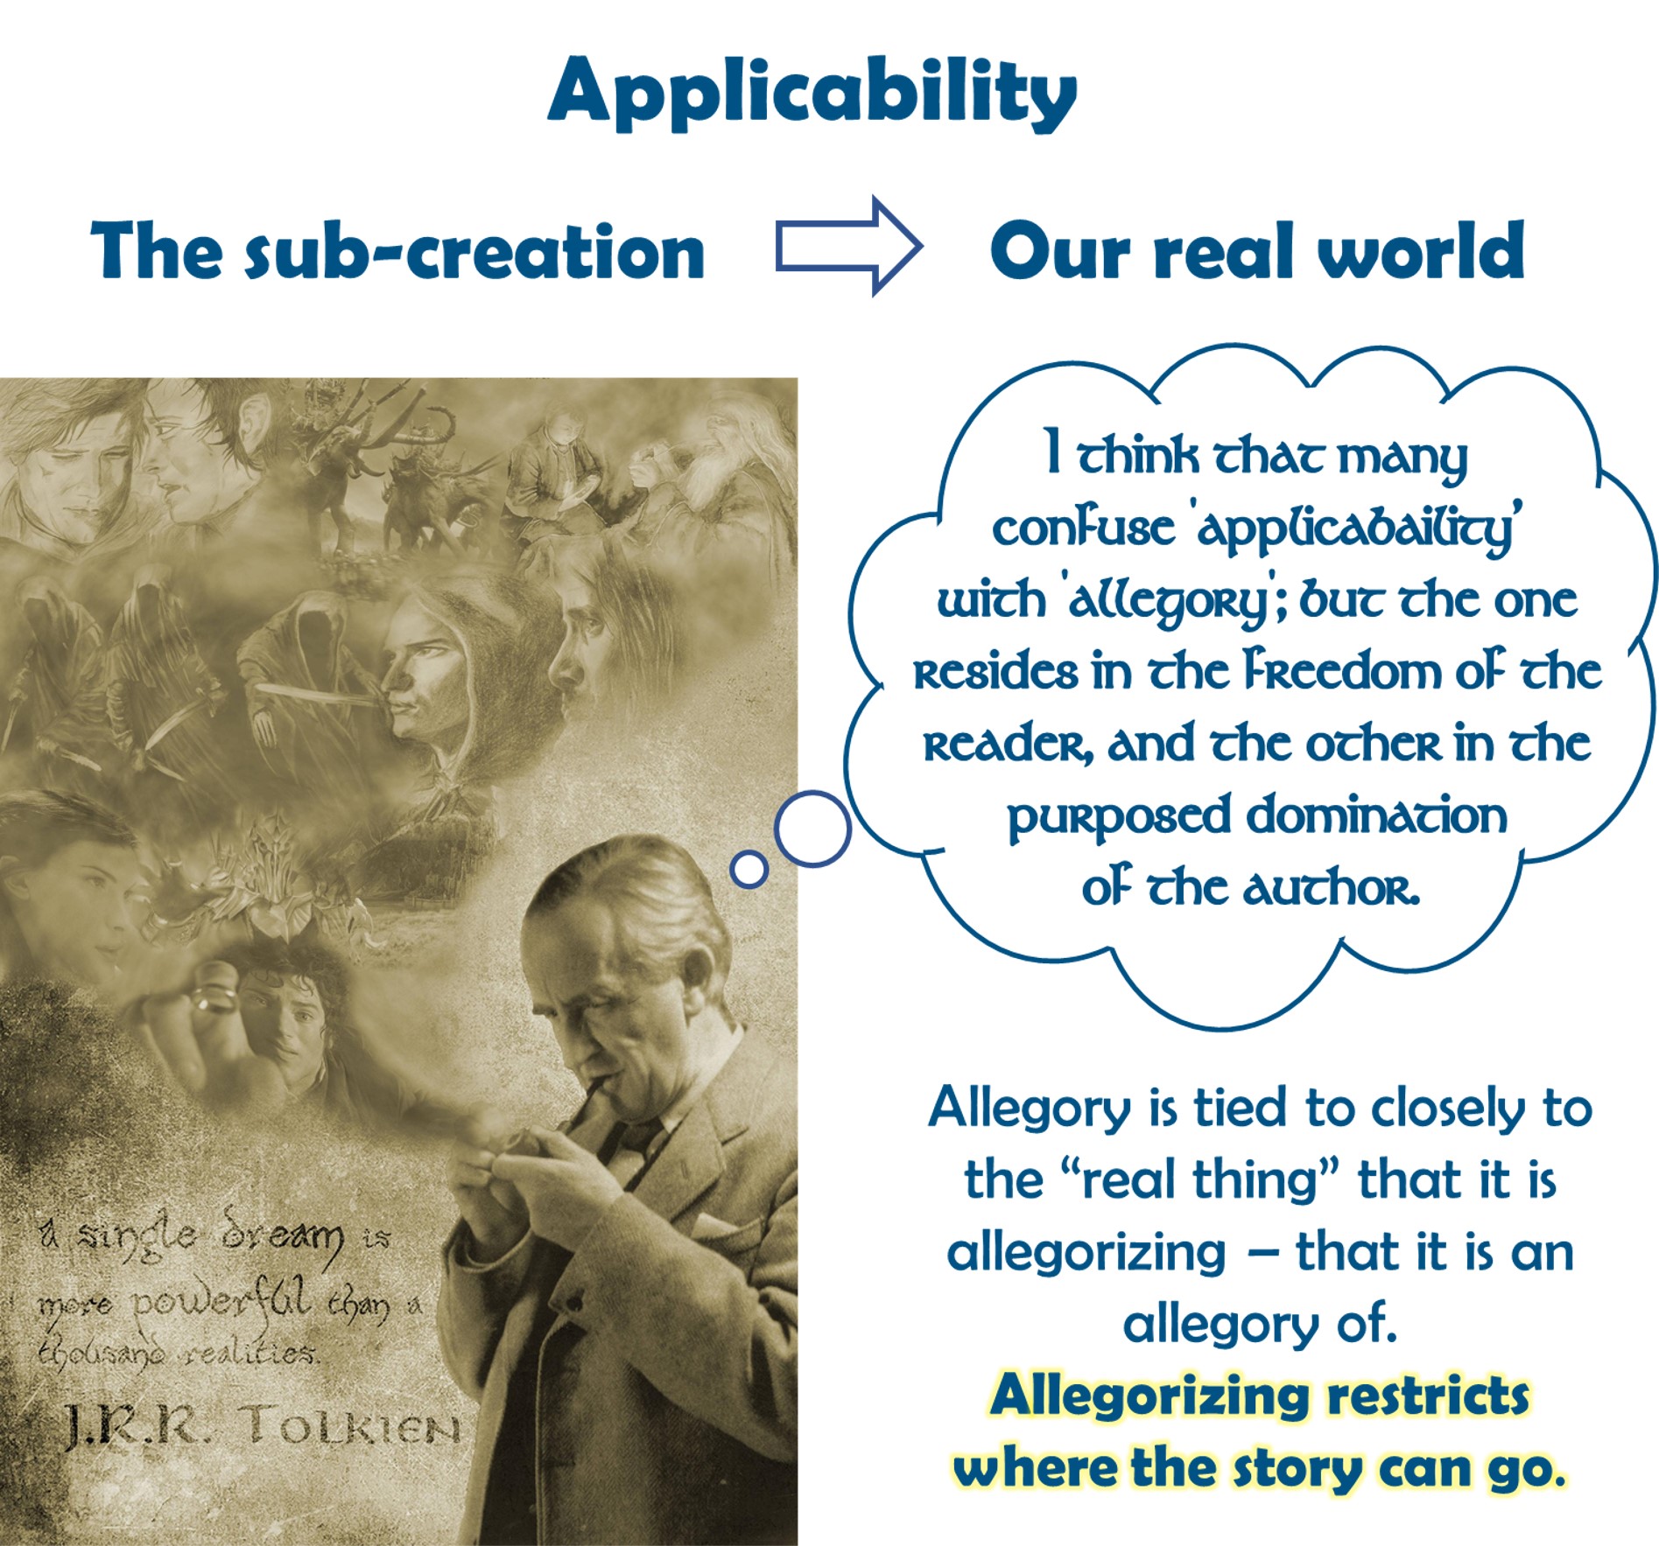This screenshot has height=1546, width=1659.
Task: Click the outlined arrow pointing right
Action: pyautogui.click(x=848, y=246)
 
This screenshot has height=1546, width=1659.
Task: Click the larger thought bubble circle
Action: pyautogui.click(x=812, y=829)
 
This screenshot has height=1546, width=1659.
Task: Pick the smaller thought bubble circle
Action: pyautogui.click(x=749, y=869)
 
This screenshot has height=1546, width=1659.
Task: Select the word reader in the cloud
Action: pyautogui.click(x=1008, y=745)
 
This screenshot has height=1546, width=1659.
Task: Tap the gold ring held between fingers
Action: pyautogui.click(x=214, y=999)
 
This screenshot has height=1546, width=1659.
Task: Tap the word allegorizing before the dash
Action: pyautogui.click(x=1086, y=1253)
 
